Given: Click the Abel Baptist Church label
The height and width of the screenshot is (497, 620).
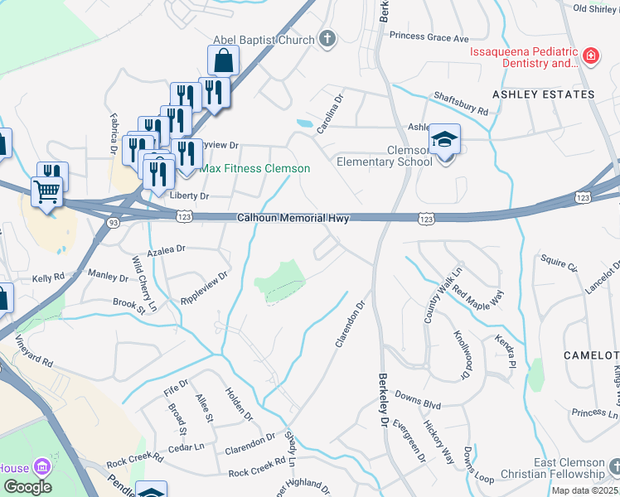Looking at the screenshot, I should click(x=264, y=40).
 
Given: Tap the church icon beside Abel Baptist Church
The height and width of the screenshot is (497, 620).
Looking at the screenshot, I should click(x=327, y=39).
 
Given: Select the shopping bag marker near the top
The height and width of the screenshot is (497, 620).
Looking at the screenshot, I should click(x=223, y=60).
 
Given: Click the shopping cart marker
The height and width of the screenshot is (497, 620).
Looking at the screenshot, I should click(x=48, y=192).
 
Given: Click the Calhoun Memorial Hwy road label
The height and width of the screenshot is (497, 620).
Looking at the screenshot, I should click(x=293, y=219).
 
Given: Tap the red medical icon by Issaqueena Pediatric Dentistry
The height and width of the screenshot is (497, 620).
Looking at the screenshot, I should click(x=590, y=56).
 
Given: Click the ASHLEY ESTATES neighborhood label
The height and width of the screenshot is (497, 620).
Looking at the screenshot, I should click(x=544, y=94).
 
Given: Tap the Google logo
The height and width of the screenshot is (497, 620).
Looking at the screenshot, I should click(x=27, y=486).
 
